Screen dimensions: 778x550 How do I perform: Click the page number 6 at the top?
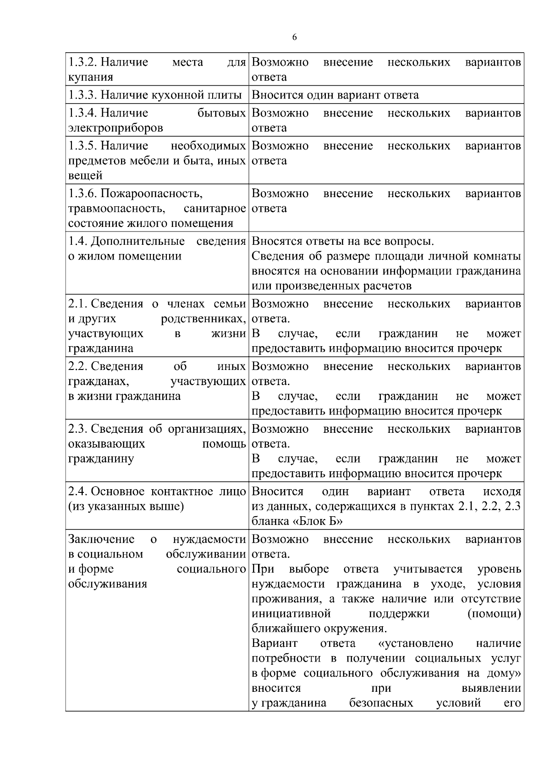[294, 38]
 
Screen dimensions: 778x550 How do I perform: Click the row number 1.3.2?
[82, 62]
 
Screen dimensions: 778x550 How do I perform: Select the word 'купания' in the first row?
[90, 77]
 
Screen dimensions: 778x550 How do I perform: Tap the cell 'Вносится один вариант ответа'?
[335, 95]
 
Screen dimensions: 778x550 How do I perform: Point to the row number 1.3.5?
[82, 146]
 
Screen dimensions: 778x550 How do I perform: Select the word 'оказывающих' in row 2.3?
[106, 444]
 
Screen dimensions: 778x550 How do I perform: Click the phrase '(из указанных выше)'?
[126, 507]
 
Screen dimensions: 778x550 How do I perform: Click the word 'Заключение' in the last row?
[101, 539]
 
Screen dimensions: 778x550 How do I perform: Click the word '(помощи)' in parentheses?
[494, 613]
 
